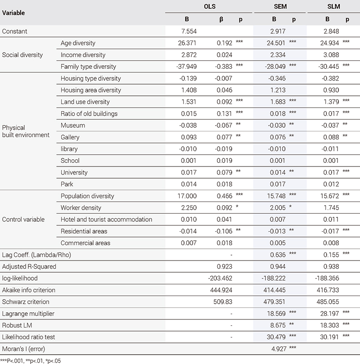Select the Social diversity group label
[22, 55]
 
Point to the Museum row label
[72, 126]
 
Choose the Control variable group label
[23, 220]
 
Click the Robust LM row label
[18, 325]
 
